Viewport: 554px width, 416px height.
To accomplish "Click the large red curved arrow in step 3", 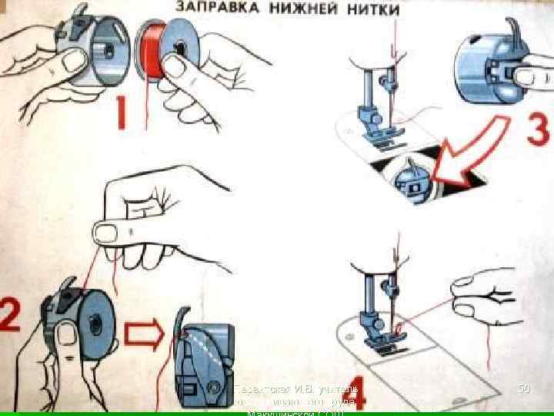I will click(x=470, y=151).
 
